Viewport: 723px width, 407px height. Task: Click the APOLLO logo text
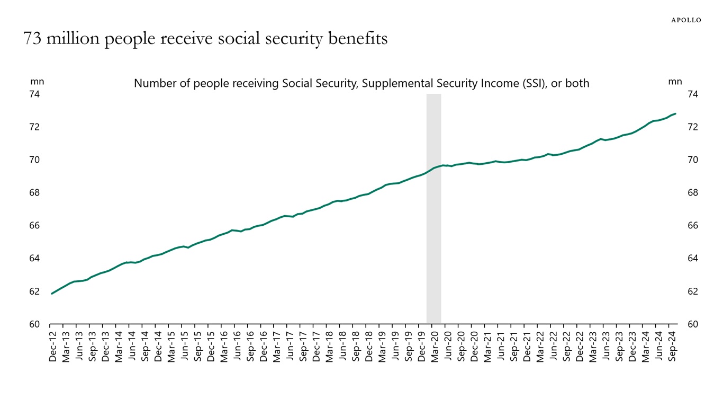[x=686, y=20]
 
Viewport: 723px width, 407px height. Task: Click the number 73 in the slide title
[x=32, y=39]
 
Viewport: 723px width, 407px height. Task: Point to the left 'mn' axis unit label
[x=37, y=82]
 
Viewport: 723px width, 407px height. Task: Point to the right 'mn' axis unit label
[x=675, y=82]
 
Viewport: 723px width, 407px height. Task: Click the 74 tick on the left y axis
[x=34, y=94]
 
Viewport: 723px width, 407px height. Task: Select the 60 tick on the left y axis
[x=34, y=324]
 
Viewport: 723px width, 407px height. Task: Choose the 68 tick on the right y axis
[x=693, y=193]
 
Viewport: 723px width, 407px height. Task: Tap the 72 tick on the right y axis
[x=693, y=127]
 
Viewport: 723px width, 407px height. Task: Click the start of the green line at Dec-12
[x=52, y=294]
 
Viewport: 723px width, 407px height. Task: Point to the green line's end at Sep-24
[x=675, y=113]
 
